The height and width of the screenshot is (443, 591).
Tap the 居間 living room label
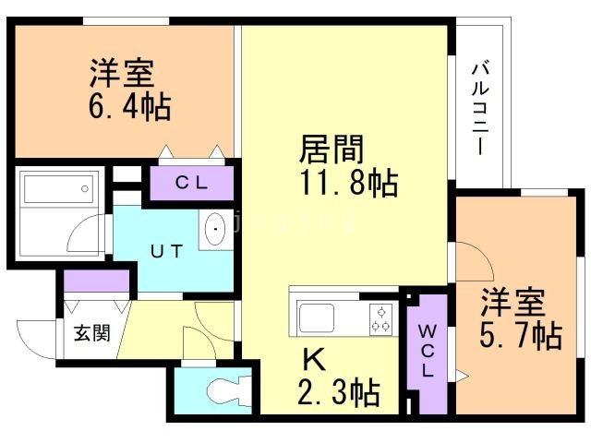(330, 149)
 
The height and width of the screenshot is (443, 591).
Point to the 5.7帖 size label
(521, 334)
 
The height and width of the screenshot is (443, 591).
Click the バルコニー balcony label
(479, 109)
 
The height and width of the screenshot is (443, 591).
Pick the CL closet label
(192, 182)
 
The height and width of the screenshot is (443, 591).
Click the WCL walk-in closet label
(428, 351)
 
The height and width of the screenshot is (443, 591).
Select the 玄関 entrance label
(91, 332)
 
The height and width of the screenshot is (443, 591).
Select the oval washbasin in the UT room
(215, 229)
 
